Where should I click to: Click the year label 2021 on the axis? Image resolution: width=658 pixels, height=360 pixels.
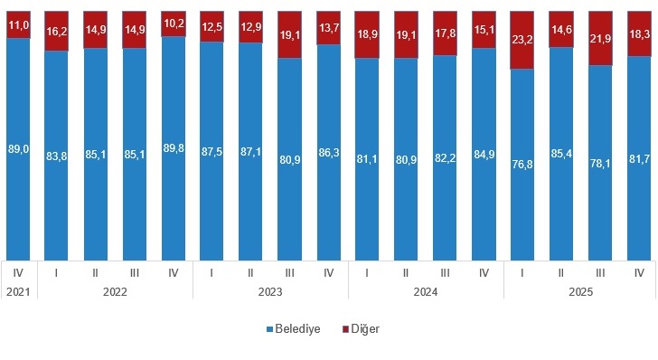click(x=17, y=291)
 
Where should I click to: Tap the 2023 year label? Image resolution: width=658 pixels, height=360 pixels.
click(x=270, y=291)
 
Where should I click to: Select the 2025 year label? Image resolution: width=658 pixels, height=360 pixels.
click(x=581, y=291)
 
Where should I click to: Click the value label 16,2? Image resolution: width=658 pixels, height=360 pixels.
click(x=56, y=31)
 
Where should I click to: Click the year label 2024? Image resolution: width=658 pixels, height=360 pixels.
click(x=426, y=291)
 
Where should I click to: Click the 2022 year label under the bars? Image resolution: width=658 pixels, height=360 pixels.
click(x=115, y=291)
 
